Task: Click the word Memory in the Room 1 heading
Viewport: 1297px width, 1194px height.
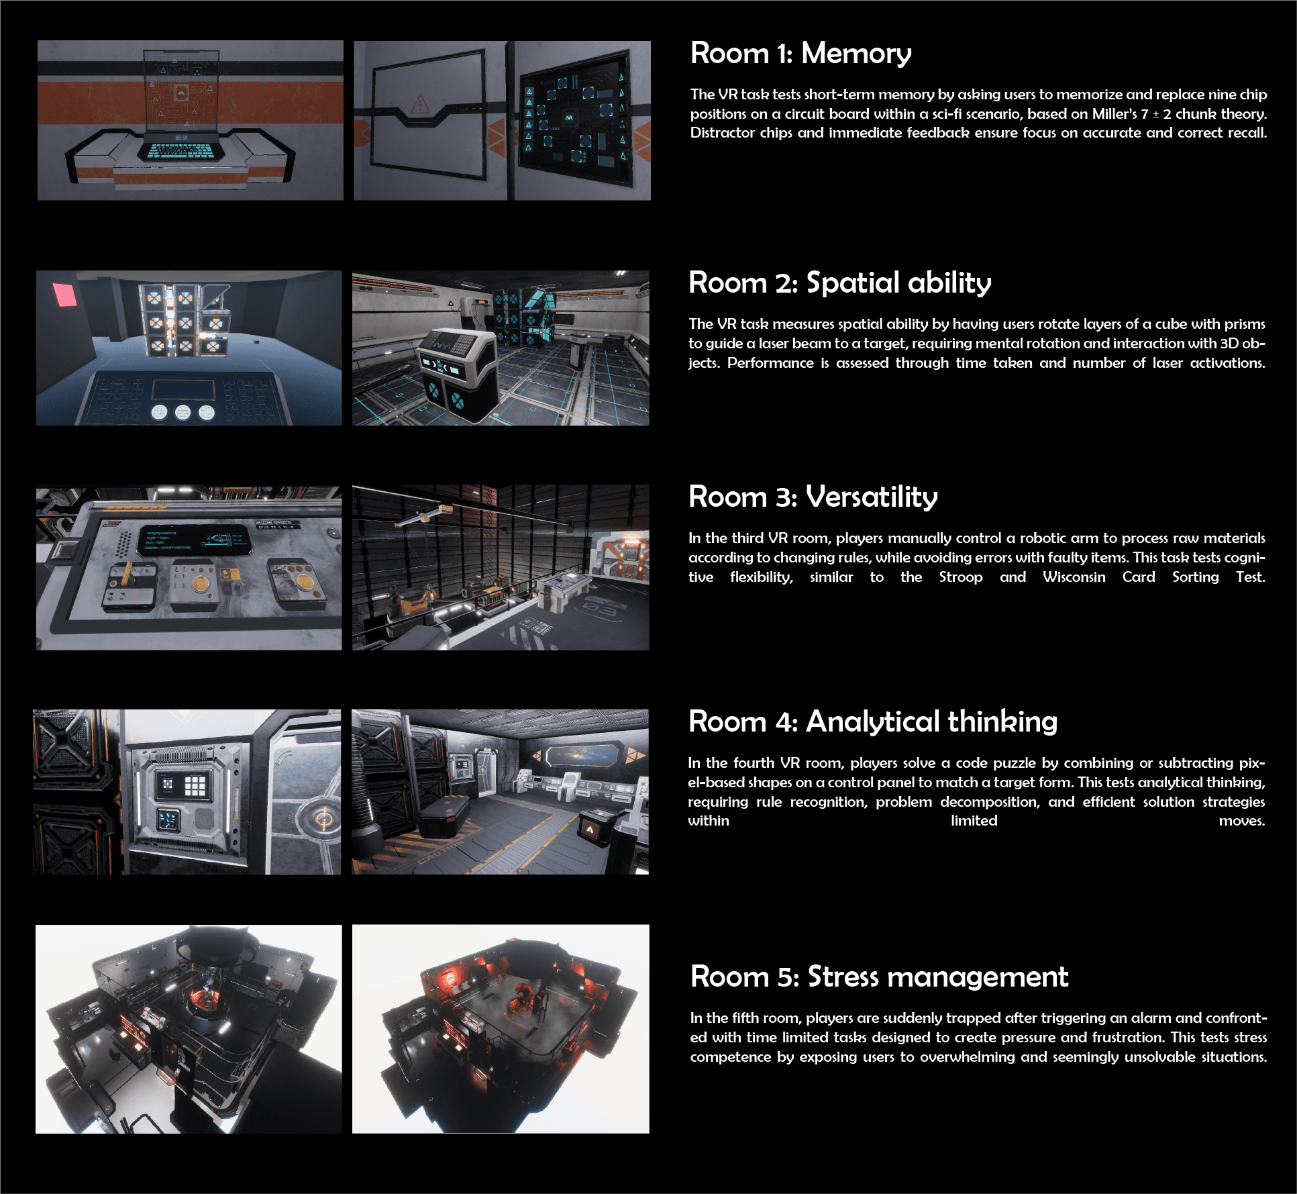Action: point(856,54)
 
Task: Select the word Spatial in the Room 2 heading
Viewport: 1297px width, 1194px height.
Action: point(851,283)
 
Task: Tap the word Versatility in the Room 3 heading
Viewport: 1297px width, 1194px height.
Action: point(872,497)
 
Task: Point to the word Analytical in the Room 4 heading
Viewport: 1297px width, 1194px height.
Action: point(873,722)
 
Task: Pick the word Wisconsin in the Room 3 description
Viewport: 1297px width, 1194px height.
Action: point(1074,577)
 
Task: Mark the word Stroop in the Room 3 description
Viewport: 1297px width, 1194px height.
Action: point(961,577)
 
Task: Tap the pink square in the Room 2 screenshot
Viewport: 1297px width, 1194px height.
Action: point(65,294)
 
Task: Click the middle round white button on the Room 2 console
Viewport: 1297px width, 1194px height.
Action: point(183,411)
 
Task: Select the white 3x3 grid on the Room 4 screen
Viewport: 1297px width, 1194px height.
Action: point(195,785)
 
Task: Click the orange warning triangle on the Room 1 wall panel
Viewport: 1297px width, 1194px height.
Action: point(420,105)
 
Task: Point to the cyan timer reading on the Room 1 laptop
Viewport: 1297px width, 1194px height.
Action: point(181,138)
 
